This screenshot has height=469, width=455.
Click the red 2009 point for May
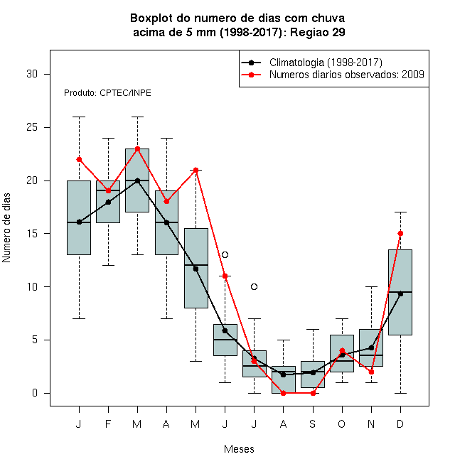pyautogui.click(x=196, y=171)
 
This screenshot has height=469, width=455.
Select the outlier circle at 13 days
pyautogui.click(x=225, y=255)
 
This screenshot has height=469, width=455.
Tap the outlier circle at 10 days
pyautogui.click(x=254, y=287)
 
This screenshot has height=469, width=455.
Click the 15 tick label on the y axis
pyautogui.click(x=32, y=234)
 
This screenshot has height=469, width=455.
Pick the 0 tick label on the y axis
pyautogui.click(x=35, y=393)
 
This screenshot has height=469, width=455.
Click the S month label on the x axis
pyautogui.click(x=313, y=424)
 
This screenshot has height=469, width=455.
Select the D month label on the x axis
pyautogui.click(x=400, y=424)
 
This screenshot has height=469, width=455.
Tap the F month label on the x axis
pyautogui.click(x=108, y=424)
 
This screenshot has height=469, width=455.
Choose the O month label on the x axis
pyautogui.click(x=342, y=424)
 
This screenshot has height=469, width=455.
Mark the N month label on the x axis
pyautogui.click(x=371, y=424)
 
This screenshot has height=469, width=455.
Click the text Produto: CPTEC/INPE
pyautogui.click(x=107, y=93)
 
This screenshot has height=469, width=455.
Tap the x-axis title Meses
pyautogui.click(x=239, y=449)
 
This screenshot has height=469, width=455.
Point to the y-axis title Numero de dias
pyautogui.click(x=6, y=228)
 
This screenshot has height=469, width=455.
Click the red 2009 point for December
pyautogui.click(x=400, y=234)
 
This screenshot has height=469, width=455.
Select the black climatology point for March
pyautogui.click(x=137, y=180)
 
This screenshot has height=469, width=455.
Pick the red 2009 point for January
pyautogui.click(x=79, y=159)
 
